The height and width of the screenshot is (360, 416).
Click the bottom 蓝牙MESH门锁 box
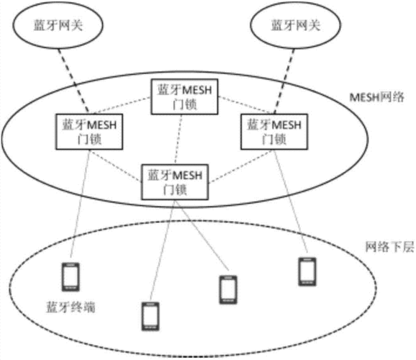tap(175, 181)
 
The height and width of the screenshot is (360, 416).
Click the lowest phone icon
tap(150, 316)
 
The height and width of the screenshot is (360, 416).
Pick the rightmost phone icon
tap(307, 270)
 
